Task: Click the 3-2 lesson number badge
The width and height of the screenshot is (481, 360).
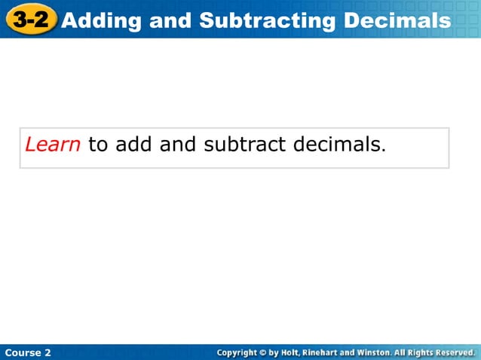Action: (30, 19)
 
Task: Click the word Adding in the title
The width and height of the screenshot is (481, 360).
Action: (102, 20)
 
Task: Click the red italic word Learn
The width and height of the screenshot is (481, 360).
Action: (53, 144)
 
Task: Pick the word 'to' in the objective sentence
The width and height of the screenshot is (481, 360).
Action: (99, 144)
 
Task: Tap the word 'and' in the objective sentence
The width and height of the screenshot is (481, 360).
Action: (178, 144)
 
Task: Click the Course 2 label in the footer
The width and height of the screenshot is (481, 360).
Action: (28, 352)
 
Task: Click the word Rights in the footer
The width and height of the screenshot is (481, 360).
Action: (415, 352)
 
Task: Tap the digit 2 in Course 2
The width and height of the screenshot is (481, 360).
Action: (47, 352)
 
